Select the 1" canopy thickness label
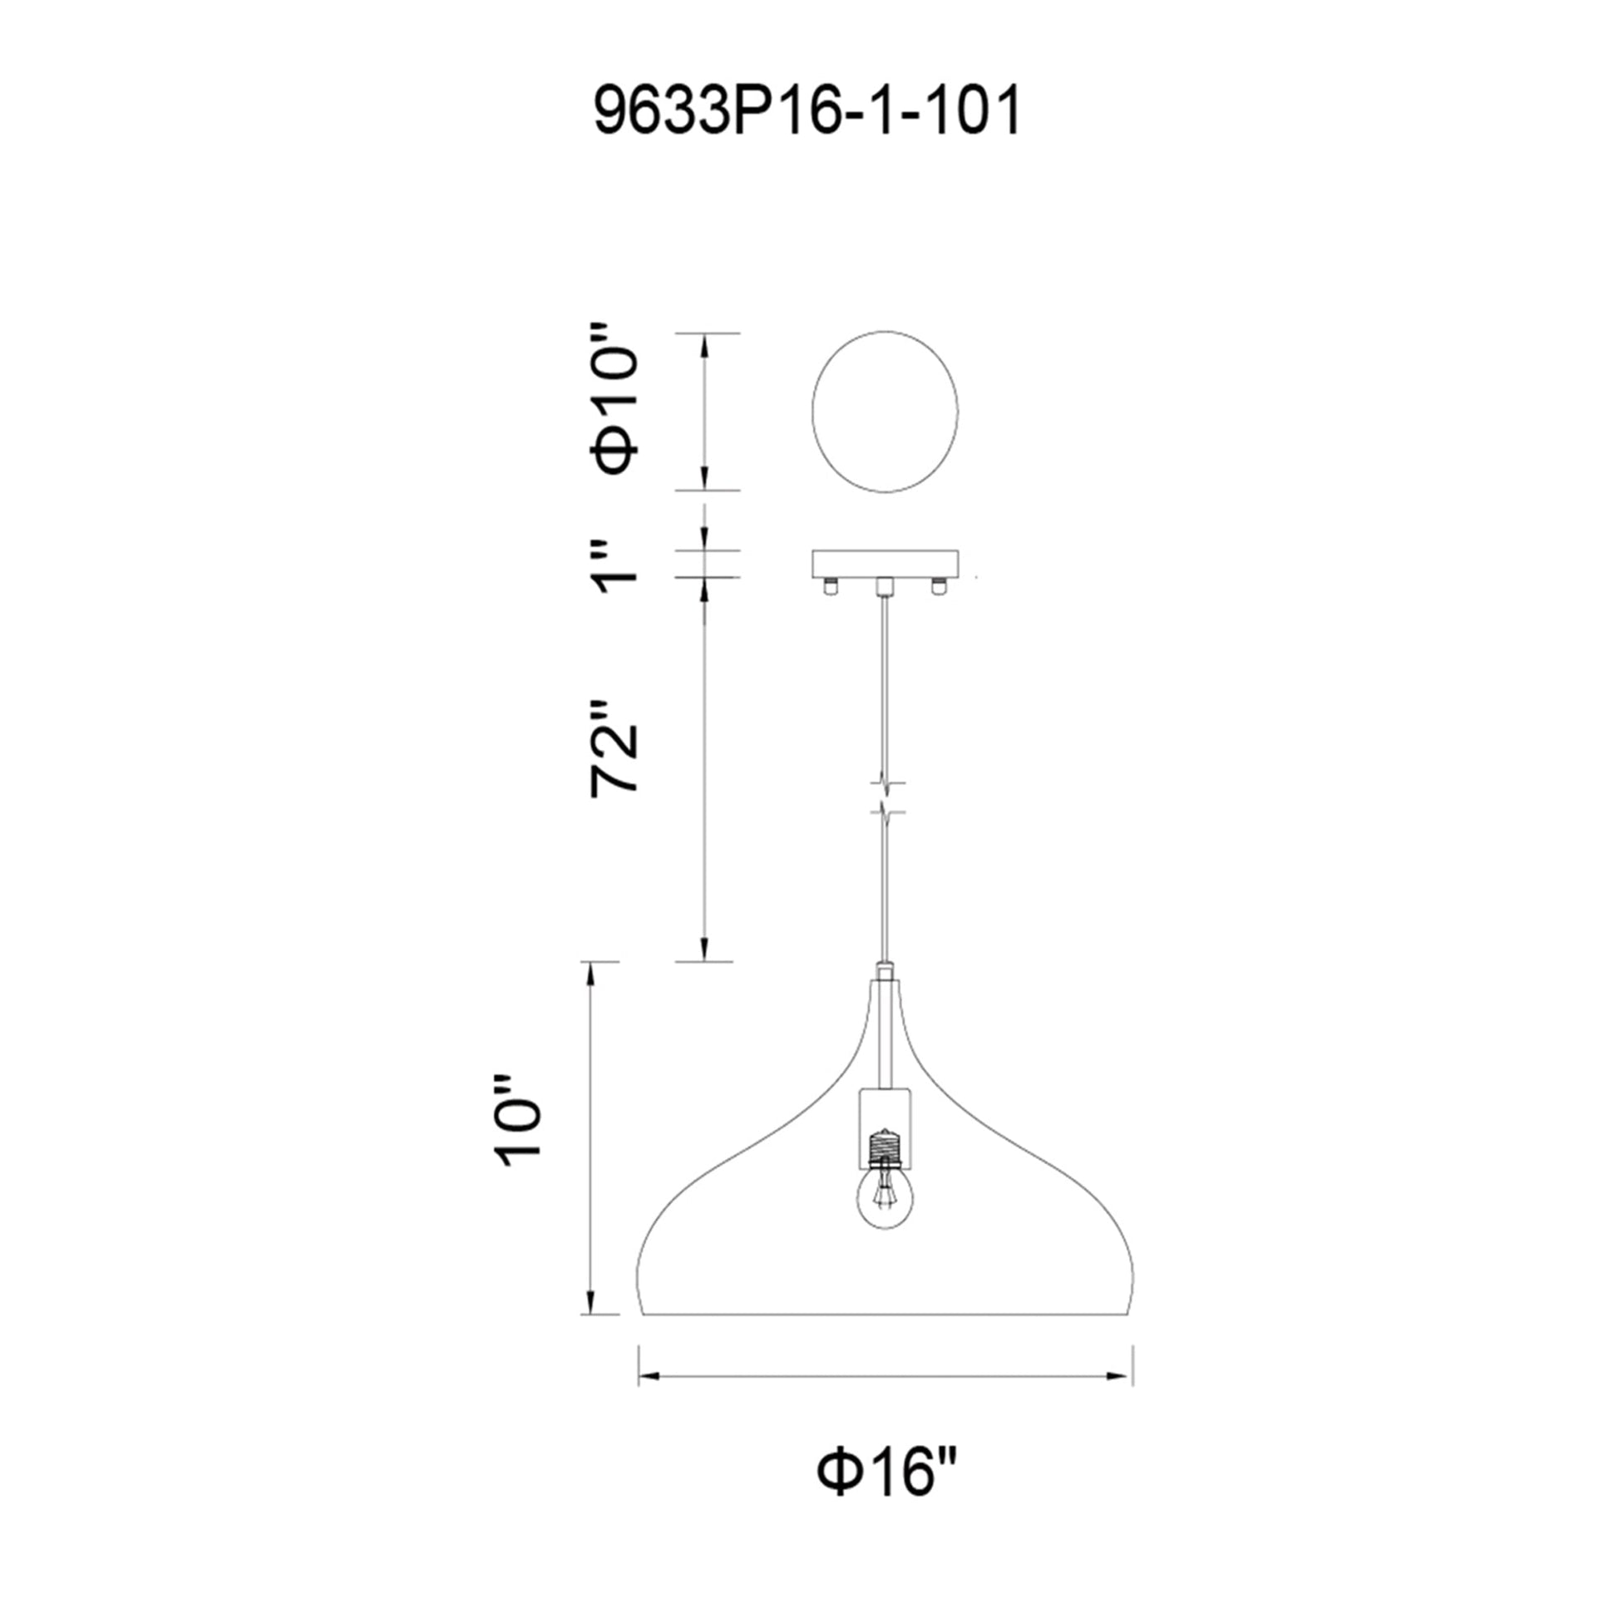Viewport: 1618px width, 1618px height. coord(614,566)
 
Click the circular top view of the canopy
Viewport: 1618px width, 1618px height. coord(885,412)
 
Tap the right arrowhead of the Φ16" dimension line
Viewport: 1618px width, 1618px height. coord(1122,1376)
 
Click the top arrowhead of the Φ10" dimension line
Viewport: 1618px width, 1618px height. coord(704,343)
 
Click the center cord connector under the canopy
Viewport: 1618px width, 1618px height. coord(885,588)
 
